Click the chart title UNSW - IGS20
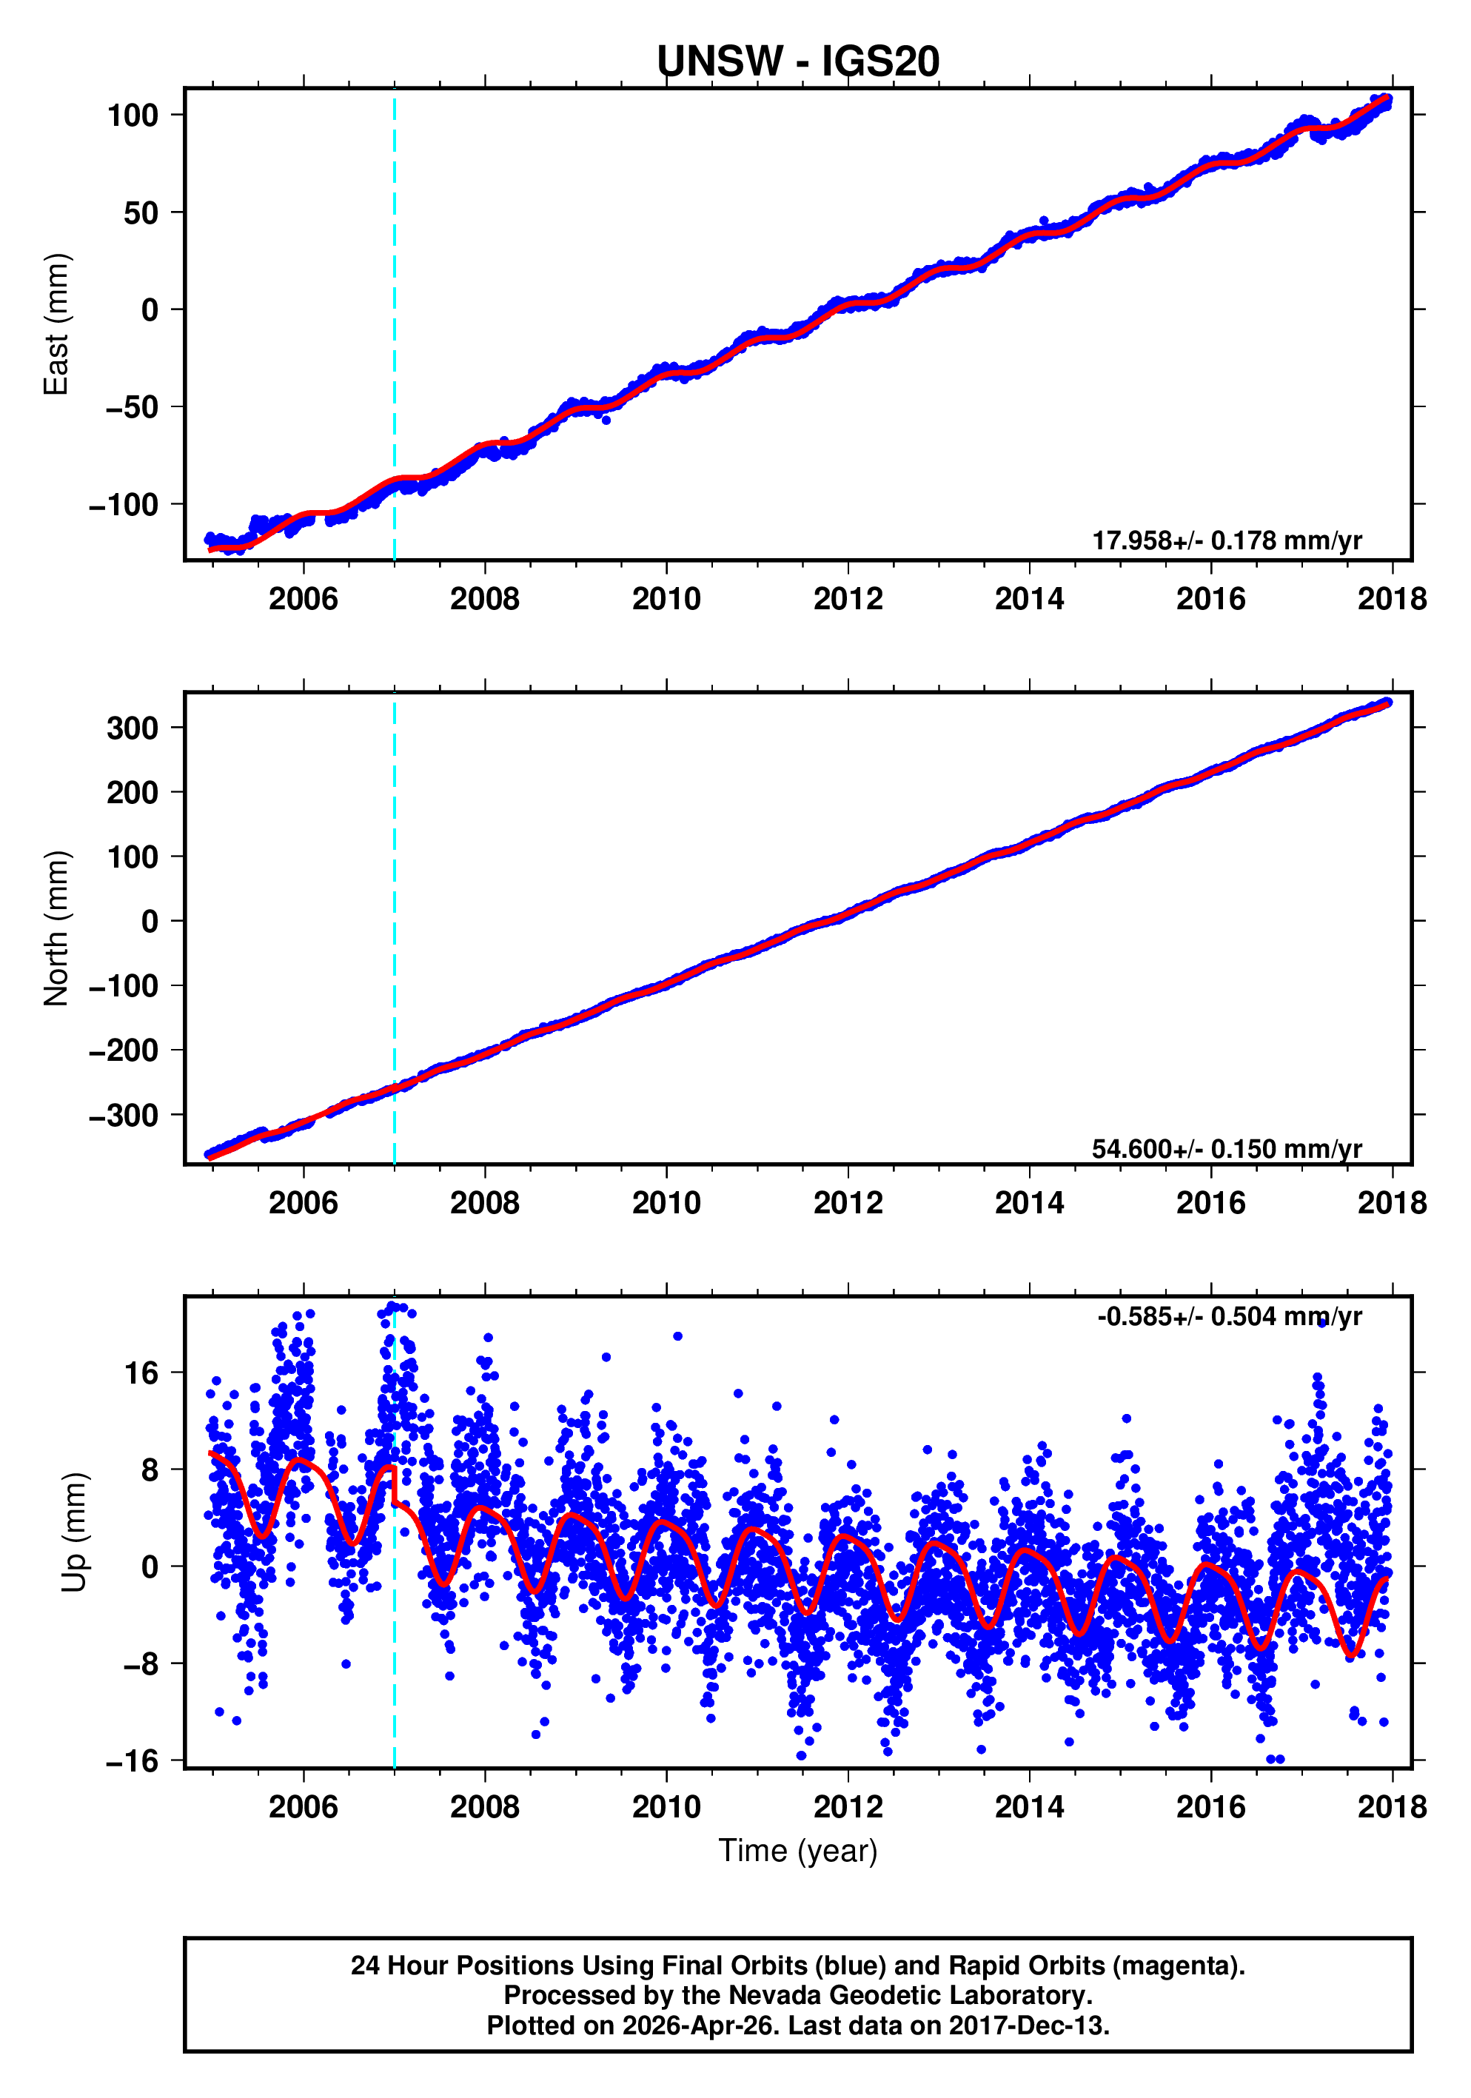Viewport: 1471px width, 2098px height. pos(797,61)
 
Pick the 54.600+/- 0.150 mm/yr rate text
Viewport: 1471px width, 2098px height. pos(1226,1149)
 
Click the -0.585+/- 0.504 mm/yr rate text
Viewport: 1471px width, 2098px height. pos(1229,1317)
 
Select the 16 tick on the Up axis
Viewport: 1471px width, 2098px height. pos(141,1373)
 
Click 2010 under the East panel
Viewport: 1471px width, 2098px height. pos(666,600)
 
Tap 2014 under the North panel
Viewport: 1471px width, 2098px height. pos(1029,1204)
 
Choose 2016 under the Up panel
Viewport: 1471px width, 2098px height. pos(1210,1807)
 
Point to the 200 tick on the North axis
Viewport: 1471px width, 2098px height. pos(133,792)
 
